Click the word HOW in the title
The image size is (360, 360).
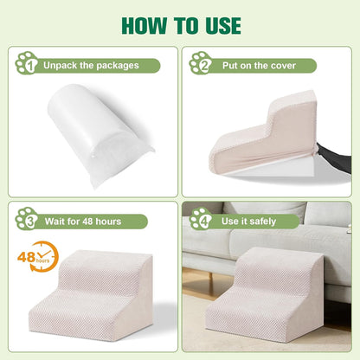145,26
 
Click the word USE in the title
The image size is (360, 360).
223,26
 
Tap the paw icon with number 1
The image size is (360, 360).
27,63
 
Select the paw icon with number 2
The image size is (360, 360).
201,63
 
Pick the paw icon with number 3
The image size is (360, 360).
27,219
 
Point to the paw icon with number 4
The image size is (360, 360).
201,219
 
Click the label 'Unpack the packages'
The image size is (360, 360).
91,66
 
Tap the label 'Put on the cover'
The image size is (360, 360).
259,66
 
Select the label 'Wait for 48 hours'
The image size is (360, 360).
83,222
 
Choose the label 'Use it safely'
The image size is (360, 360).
248,222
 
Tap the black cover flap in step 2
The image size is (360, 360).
335,158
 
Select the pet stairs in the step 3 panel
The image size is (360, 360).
91,295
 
